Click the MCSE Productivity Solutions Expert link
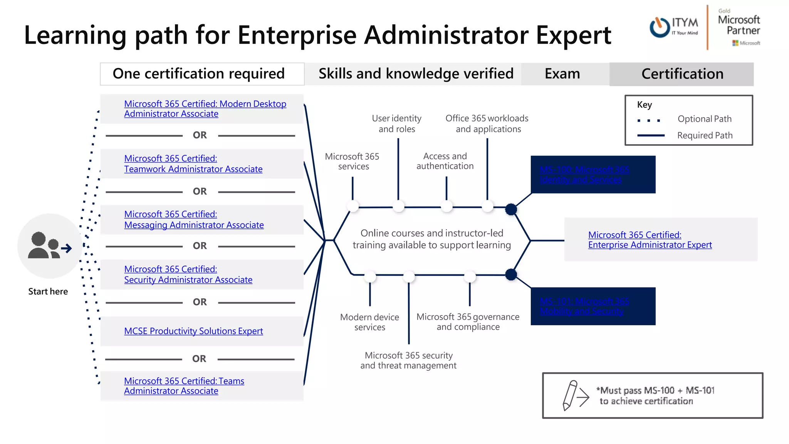coord(193,331)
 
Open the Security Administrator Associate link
coord(188,274)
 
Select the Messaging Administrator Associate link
coord(194,220)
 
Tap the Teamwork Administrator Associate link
coord(193,164)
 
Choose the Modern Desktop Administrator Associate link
coord(205,109)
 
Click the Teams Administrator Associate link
coord(184,386)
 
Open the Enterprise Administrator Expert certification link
coord(650,240)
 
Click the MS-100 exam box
coord(593,175)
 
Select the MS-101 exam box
coord(593,306)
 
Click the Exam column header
coord(562,74)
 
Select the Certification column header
coord(682,74)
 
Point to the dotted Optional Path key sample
coord(649,121)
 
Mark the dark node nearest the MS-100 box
coord(511,209)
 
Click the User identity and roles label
coord(396,123)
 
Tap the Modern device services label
coord(369,322)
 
